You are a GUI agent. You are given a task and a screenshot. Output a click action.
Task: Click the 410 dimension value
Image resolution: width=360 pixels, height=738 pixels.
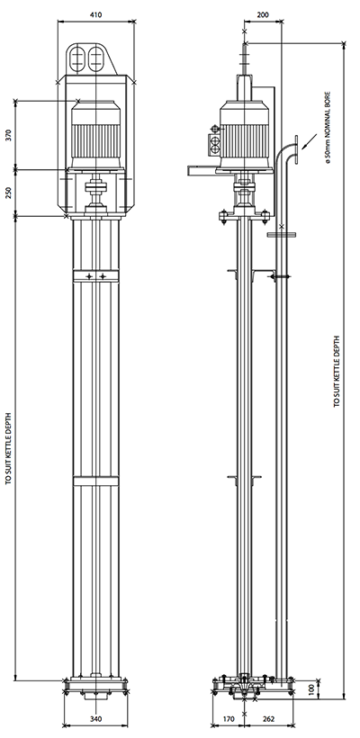[96, 14]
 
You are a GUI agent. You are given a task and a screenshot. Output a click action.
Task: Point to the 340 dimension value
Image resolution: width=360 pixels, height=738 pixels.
[95, 719]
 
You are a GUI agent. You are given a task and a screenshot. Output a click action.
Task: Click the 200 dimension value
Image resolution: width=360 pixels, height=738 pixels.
[263, 14]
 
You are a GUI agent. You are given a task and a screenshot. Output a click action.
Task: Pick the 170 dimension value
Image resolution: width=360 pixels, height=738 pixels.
[229, 719]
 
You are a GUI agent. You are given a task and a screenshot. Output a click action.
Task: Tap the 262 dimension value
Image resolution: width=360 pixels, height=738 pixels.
[268, 719]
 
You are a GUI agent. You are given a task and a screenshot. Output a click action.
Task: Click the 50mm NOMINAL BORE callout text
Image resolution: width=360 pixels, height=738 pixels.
[328, 128]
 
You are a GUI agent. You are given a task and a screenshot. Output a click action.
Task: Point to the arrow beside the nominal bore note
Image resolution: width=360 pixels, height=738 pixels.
[308, 140]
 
